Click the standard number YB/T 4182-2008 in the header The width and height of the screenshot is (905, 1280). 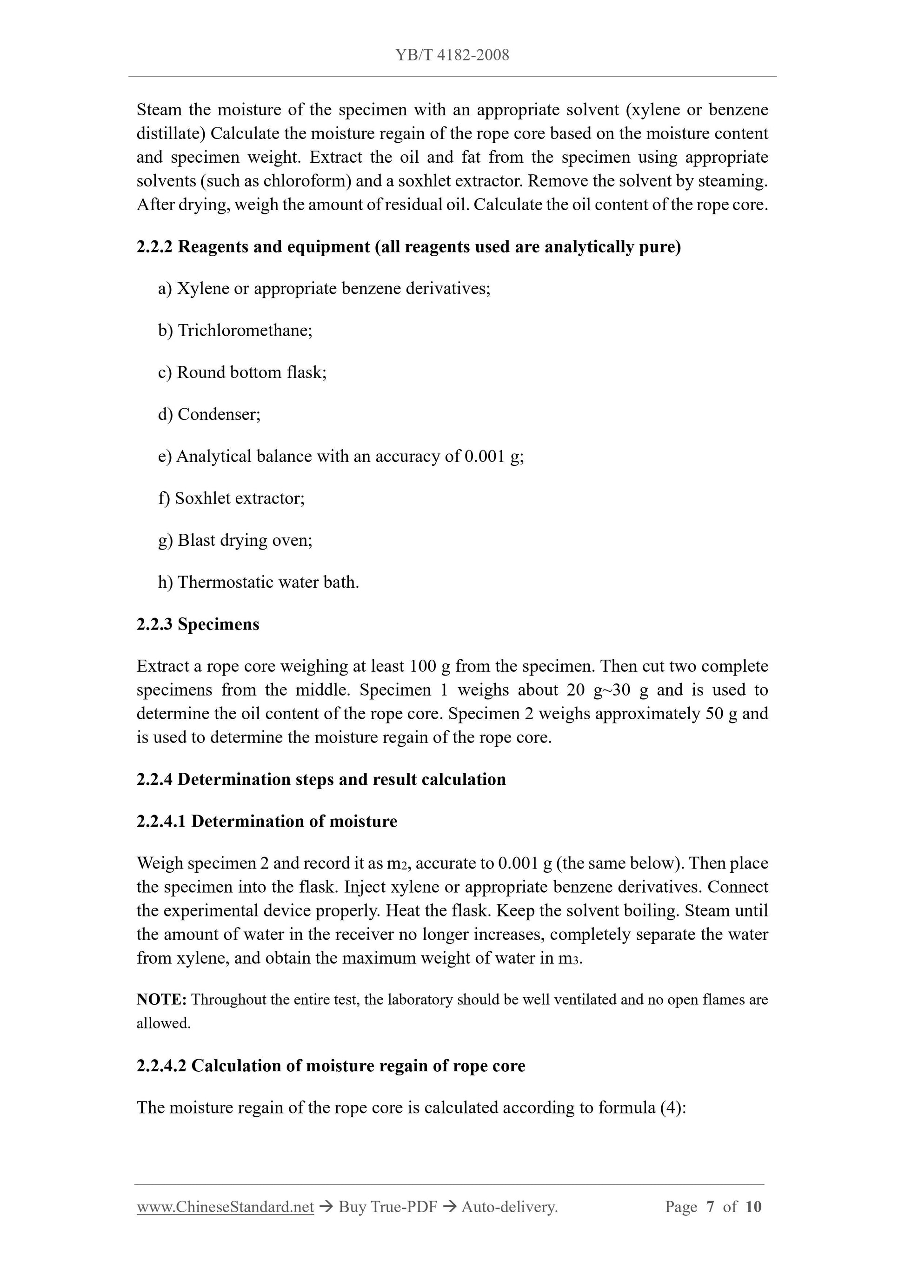pyautogui.click(x=452, y=55)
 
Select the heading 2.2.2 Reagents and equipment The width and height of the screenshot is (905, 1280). pyautogui.click(x=408, y=246)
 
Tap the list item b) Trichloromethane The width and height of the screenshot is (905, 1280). pyautogui.click(x=235, y=331)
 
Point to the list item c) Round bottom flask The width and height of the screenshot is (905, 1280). pyautogui.click(x=242, y=372)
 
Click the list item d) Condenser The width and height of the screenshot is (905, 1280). pyautogui.click(x=209, y=414)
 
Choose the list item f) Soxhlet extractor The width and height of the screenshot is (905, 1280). pyautogui.click(x=232, y=498)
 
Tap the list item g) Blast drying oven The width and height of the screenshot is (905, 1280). pyautogui.click(x=235, y=540)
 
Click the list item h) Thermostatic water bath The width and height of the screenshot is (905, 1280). pyautogui.click(x=258, y=582)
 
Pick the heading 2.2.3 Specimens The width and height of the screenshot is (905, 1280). pyautogui.click(x=198, y=624)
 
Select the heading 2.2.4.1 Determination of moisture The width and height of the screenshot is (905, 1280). pyautogui.click(x=266, y=821)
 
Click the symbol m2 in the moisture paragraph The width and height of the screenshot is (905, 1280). pyautogui.click(x=398, y=863)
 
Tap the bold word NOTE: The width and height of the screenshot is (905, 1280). pyautogui.click(x=161, y=1000)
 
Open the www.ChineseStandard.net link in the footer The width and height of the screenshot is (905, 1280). pyautogui.click(x=225, y=1207)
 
